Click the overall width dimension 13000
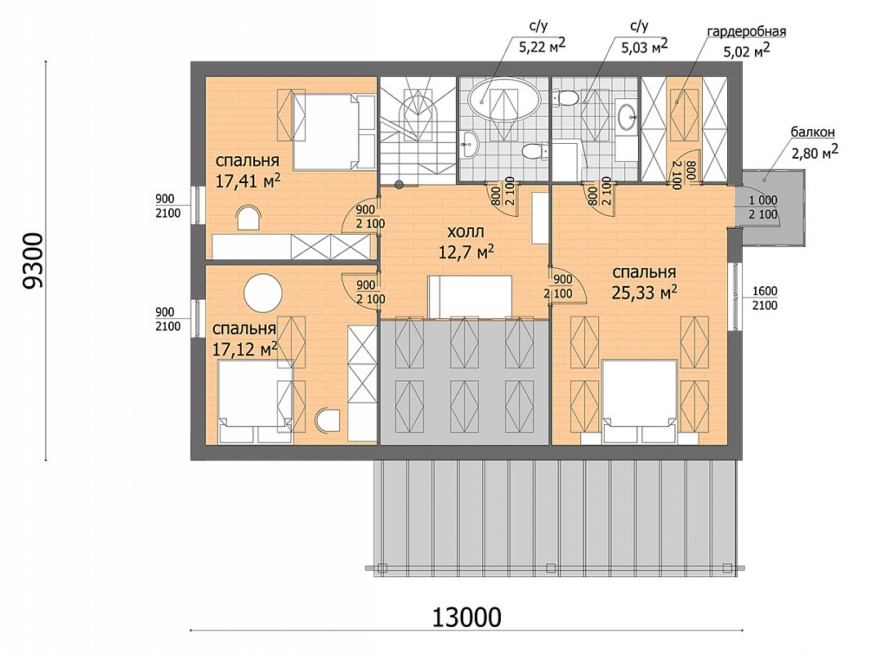(x=466, y=616)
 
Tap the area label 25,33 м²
(x=645, y=293)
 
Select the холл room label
(x=466, y=231)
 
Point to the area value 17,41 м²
(x=248, y=181)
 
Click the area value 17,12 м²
(x=245, y=349)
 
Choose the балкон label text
(x=813, y=132)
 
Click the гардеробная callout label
(x=746, y=32)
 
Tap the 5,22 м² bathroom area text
(x=543, y=46)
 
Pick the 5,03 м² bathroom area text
(x=645, y=46)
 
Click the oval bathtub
(x=504, y=99)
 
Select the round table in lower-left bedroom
(x=264, y=293)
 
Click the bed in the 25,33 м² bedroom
(x=640, y=401)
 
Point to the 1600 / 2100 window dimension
(x=764, y=298)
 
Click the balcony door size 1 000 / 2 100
(x=763, y=207)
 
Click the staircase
(x=418, y=131)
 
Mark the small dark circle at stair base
(x=398, y=184)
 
